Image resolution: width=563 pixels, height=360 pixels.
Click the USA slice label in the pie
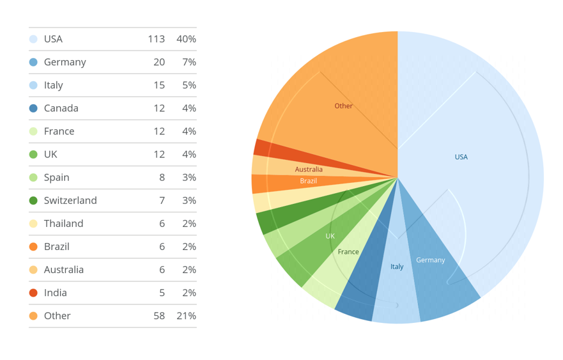[461, 157]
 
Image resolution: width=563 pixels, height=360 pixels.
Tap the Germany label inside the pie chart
[430, 260]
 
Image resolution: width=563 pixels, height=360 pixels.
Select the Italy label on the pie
[397, 267]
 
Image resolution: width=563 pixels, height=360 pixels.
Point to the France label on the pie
[348, 252]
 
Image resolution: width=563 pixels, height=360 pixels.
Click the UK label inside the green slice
[330, 236]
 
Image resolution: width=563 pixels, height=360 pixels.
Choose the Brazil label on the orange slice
[309, 182]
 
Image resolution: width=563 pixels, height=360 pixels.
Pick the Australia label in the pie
[309, 169]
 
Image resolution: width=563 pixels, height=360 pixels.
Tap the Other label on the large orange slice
[343, 106]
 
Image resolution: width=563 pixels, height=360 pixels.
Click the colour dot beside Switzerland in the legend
[33, 201]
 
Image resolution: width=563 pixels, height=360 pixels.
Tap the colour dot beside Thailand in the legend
[33, 224]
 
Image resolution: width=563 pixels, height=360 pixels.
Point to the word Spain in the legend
[57, 178]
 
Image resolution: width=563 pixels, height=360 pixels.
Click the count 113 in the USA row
[156, 39]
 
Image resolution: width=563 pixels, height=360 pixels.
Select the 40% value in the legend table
[186, 39]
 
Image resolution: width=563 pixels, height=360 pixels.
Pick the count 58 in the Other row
[158, 316]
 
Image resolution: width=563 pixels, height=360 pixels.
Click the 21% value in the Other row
[186, 316]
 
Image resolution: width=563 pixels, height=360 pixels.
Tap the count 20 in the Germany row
[158, 62]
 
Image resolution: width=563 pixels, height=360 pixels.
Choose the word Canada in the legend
[61, 108]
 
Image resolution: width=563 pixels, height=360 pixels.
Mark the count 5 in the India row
[162, 293]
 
